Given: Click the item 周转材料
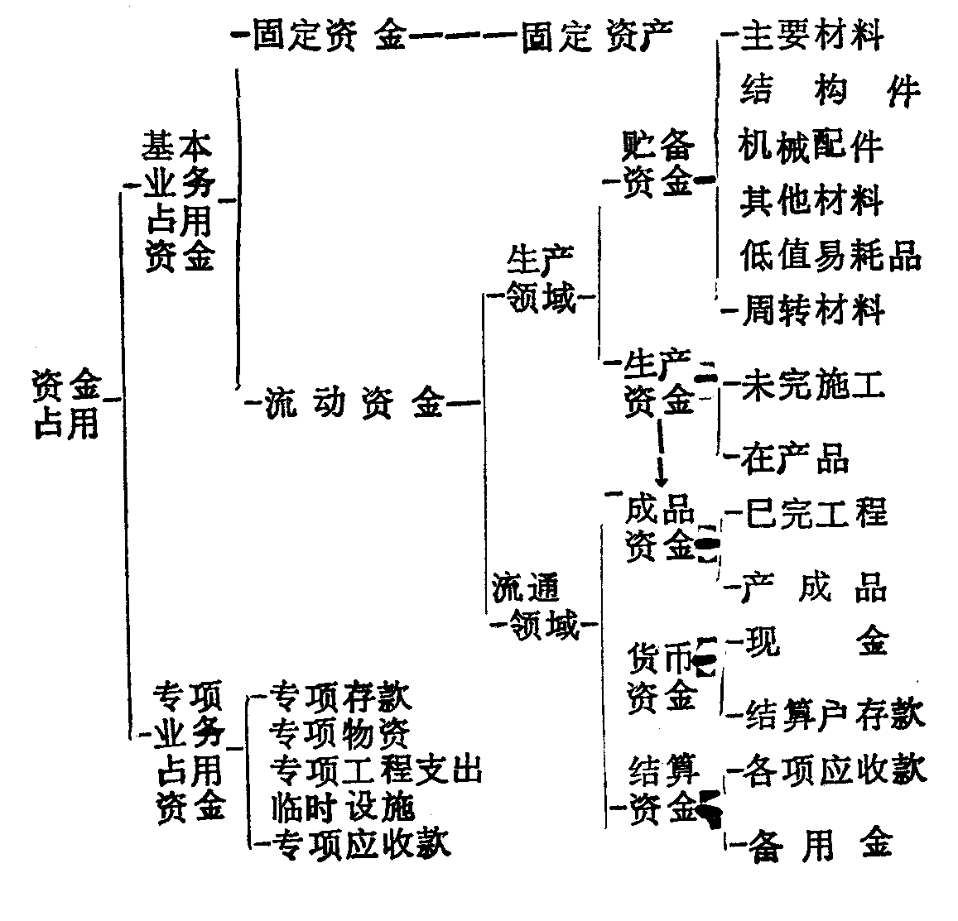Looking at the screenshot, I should point(813,310).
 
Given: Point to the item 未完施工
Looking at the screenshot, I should point(814,385).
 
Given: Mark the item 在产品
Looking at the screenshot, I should point(796,458).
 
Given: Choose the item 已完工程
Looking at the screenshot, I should point(816,513).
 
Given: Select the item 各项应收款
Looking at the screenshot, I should point(835,769).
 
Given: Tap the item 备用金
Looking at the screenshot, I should point(820,845).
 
